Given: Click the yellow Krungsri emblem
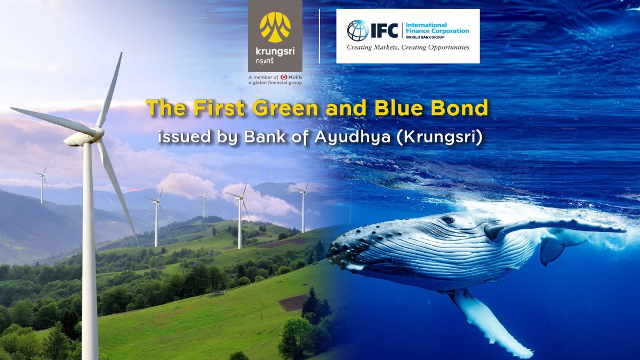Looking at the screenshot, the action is point(275,27).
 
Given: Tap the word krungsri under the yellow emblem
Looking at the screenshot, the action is point(275,52).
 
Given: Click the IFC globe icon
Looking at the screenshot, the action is point(358,30).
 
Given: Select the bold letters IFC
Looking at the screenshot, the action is point(385,30).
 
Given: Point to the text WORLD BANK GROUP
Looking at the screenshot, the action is point(423,37).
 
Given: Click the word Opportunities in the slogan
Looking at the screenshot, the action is point(449,47).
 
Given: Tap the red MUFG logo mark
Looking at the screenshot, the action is point(284,77).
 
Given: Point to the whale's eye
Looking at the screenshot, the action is point(447,219).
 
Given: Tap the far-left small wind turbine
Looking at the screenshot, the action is point(42,185).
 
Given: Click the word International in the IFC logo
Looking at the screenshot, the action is point(426,25).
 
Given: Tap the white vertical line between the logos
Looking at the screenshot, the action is point(319,36).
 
